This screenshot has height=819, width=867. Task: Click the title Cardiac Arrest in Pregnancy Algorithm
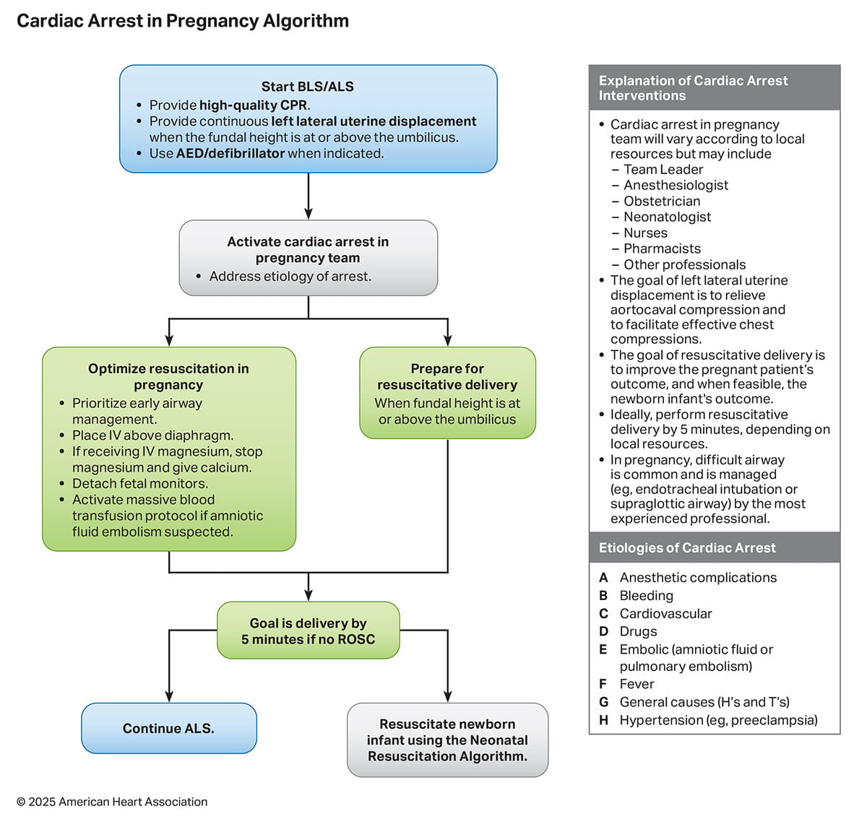click(x=182, y=21)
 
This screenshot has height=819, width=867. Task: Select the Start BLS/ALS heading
click(x=308, y=87)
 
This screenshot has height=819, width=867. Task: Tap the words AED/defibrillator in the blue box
click(x=230, y=153)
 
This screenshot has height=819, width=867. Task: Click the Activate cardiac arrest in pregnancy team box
click(x=308, y=257)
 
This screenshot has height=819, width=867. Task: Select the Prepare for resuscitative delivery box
click(x=447, y=392)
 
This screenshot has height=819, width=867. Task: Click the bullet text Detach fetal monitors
click(x=140, y=483)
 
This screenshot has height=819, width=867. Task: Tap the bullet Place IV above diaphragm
click(x=152, y=435)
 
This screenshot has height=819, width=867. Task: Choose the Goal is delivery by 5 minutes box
click(x=309, y=630)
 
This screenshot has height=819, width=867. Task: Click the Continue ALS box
click(x=168, y=728)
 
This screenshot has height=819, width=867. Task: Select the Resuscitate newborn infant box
click(x=447, y=740)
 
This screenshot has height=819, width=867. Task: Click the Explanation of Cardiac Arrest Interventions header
click(x=714, y=88)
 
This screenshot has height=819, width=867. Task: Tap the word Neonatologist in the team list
click(x=667, y=217)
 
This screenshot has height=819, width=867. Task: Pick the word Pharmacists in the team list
click(x=662, y=248)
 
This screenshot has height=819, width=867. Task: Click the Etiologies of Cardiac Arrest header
click(x=686, y=547)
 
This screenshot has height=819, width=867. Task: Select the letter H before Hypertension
click(x=603, y=720)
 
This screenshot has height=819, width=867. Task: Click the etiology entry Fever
click(x=637, y=684)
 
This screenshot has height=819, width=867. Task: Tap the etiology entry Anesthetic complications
click(x=698, y=578)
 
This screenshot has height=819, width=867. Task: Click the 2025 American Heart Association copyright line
click(x=112, y=802)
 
